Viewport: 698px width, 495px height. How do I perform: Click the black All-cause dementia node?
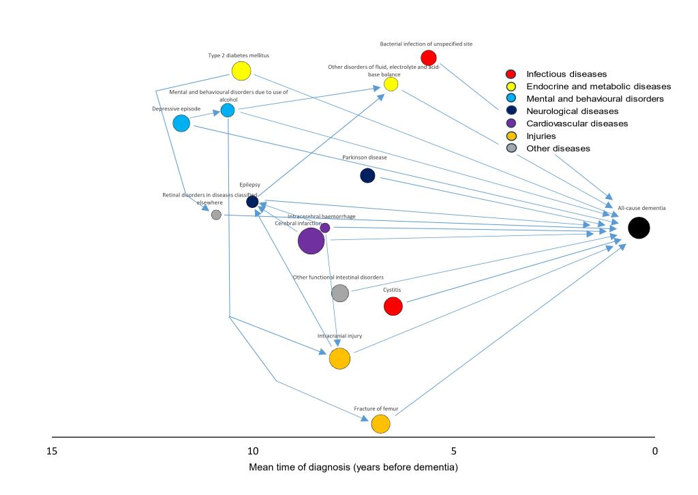point(639,228)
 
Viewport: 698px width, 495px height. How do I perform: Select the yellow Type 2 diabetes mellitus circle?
point(241,71)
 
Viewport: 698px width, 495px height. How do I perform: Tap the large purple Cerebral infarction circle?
point(311,241)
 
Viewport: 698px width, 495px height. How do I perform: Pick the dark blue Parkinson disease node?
point(367,176)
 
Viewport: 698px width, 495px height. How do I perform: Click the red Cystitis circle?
point(393,307)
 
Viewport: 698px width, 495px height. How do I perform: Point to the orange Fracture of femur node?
point(380,424)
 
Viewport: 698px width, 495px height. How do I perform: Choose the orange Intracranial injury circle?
point(339,359)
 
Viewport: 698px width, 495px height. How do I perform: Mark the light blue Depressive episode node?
point(181,123)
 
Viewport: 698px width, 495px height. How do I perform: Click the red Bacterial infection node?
point(428,58)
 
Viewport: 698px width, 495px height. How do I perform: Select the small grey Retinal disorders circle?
point(216,215)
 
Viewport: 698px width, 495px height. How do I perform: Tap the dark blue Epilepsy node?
point(252,202)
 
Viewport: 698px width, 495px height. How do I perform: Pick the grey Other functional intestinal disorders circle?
point(340,293)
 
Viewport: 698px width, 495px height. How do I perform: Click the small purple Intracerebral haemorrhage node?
point(325,228)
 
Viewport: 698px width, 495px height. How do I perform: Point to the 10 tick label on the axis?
point(252,451)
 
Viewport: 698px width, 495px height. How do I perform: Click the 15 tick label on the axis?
point(51,451)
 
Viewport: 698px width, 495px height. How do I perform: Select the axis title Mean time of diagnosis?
point(353,468)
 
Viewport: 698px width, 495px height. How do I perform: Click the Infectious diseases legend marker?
point(511,74)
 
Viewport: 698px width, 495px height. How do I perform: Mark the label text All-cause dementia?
point(641,207)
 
